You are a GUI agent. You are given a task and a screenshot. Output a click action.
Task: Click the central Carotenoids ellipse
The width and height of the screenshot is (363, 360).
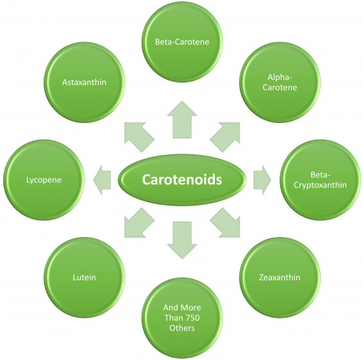(x=182, y=179)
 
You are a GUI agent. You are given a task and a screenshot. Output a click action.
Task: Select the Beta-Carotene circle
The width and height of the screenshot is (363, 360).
(x=182, y=42)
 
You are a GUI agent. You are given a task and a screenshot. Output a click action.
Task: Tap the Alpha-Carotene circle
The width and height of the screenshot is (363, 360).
(x=280, y=82)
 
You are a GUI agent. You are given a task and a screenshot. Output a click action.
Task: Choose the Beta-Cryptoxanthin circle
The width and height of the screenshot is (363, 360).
(x=321, y=179)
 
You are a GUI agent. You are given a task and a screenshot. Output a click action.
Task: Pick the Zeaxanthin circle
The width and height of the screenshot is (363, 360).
(x=280, y=277)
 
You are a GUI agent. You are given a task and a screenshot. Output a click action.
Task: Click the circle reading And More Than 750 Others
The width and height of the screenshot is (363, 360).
(x=182, y=318)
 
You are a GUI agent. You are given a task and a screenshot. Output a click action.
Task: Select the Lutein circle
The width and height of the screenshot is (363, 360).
(x=84, y=277)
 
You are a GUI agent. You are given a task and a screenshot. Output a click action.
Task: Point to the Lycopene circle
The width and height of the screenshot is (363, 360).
(x=44, y=179)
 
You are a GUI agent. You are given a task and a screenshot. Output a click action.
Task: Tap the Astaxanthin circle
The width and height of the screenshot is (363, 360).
(x=84, y=82)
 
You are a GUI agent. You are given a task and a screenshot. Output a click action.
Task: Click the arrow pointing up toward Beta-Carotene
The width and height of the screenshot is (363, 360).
(x=182, y=120)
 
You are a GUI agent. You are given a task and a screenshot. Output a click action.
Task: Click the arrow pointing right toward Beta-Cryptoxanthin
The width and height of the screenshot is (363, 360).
(x=262, y=179)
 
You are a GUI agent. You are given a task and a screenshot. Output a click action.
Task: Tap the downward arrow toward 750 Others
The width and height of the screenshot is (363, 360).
(x=182, y=240)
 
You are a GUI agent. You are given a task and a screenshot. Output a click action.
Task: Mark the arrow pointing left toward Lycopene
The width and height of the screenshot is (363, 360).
(x=102, y=179)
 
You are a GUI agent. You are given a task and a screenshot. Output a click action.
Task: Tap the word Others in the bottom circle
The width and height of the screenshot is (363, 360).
(x=182, y=328)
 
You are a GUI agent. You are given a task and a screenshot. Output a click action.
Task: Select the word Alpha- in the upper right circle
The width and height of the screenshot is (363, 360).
(x=280, y=78)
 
